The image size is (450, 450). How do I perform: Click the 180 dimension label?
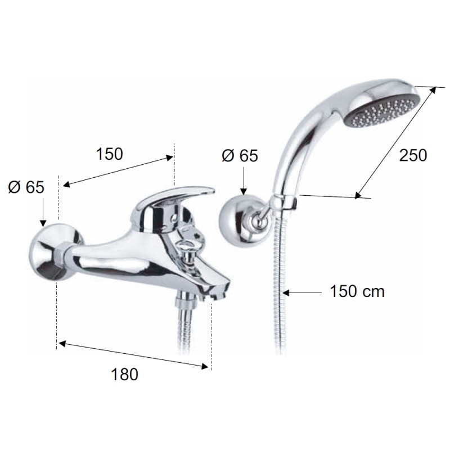click(x=124, y=374)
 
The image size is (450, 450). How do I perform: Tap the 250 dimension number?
click(x=413, y=155)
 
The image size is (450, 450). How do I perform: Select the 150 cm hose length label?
click(x=357, y=291)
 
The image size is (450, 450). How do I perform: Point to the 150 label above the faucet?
click(x=109, y=154)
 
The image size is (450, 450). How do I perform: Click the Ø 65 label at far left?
click(x=26, y=187)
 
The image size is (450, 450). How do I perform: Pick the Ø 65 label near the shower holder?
click(x=240, y=156)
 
